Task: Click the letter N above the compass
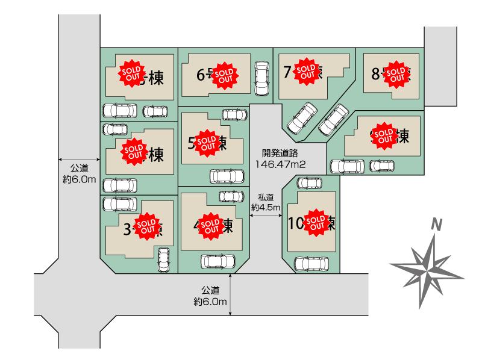(438, 225)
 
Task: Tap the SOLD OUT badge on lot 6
(225, 75)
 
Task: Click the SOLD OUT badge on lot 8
(395, 73)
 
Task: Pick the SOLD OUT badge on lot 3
(145, 226)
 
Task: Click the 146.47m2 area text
(280, 164)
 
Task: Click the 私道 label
(266, 197)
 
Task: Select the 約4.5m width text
(266, 207)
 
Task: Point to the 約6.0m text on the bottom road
(210, 301)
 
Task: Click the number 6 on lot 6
(201, 75)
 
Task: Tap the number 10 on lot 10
(296, 224)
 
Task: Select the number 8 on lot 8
(375, 74)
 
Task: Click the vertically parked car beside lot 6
(262, 78)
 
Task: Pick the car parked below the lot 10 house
(311, 263)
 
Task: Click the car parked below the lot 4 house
(218, 261)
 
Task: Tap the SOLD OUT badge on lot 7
(307, 72)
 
